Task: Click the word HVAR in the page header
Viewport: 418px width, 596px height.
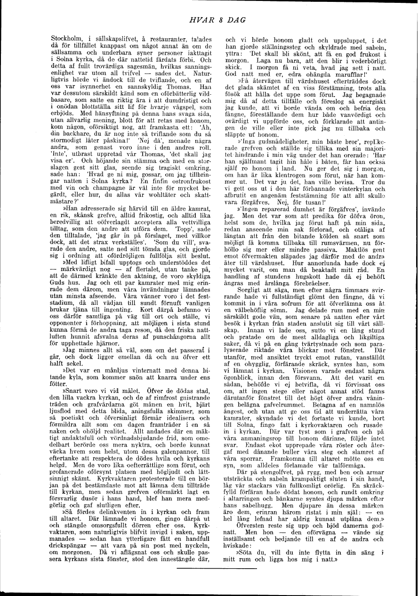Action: (192, 19)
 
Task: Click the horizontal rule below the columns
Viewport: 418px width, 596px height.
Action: (216, 569)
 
